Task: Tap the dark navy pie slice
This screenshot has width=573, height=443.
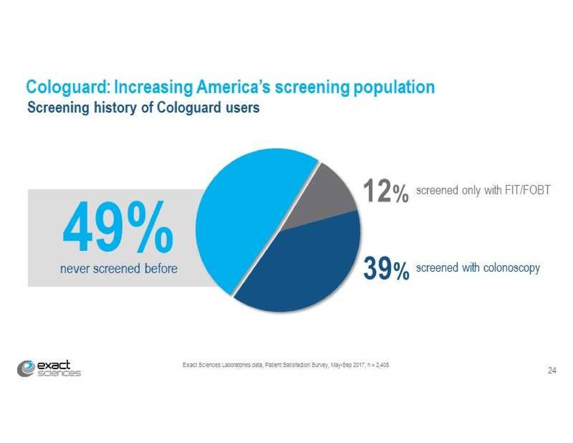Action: [304, 269]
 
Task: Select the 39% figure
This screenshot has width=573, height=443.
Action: [385, 268]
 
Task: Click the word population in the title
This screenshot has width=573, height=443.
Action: [394, 87]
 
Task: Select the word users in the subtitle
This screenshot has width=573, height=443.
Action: [242, 108]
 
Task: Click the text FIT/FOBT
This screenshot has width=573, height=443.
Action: [527, 190]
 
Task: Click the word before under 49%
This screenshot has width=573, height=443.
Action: [161, 269]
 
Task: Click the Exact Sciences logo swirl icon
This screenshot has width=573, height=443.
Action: [26, 369]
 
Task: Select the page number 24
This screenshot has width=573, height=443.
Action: [552, 370]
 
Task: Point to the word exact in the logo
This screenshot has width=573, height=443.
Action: [54, 366]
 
